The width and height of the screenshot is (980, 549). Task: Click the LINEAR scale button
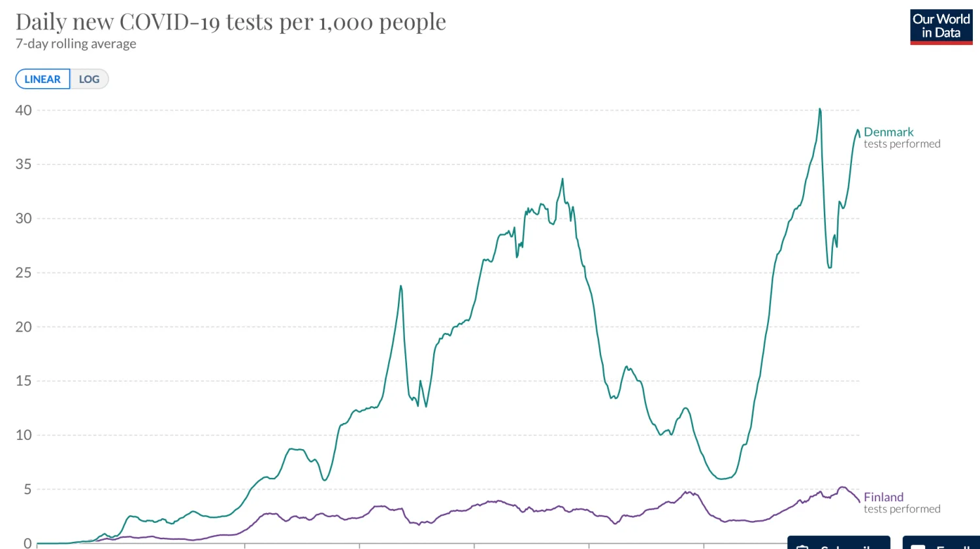coord(42,79)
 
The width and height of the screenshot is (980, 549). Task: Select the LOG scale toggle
coord(89,79)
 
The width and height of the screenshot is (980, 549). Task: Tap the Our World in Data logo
coord(941,27)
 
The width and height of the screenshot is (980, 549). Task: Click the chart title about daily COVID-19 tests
coord(231,22)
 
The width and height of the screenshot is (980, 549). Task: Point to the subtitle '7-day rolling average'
coord(76,44)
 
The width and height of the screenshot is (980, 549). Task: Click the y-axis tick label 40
coord(24,110)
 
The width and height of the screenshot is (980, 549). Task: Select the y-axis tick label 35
coord(24,165)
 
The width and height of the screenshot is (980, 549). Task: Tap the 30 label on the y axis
coord(24,219)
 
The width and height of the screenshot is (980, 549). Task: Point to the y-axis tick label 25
coord(24,273)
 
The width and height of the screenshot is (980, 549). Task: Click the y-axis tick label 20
coord(24,327)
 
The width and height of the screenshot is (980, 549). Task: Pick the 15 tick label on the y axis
coord(24,381)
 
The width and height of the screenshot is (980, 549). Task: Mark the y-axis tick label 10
coord(24,435)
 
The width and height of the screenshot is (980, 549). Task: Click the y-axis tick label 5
coord(27,490)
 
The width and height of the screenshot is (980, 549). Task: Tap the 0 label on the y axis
coord(27,543)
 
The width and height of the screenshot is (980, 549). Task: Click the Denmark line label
coord(889,133)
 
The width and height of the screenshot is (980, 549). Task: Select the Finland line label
coord(883,497)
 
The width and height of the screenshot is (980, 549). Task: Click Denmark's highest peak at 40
coord(820,110)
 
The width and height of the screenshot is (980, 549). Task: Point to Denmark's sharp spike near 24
coord(401,286)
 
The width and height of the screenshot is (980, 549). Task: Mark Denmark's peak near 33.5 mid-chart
coord(563,180)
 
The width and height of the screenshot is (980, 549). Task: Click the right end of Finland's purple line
coord(859,501)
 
